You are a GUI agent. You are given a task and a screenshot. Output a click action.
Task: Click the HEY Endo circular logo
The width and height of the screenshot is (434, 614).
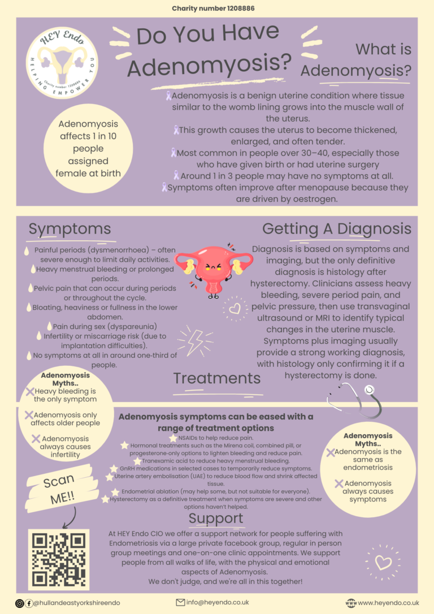click(x=62, y=63)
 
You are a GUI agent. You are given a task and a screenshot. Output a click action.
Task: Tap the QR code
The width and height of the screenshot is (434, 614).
click(x=59, y=560)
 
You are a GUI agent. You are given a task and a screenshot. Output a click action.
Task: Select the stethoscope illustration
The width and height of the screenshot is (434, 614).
click(x=354, y=399)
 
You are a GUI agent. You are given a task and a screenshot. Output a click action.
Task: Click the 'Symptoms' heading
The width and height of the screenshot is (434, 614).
click(x=70, y=228)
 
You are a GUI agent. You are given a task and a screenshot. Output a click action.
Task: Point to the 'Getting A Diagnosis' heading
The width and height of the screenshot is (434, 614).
click(x=337, y=228)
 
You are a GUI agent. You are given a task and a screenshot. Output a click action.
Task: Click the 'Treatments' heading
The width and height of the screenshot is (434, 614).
click(x=217, y=378)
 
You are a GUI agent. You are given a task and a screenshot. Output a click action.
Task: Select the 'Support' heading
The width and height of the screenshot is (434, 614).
click(x=216, y=518)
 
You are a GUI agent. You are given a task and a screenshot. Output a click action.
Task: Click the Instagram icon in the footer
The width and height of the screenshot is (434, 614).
click(x=20, y=603)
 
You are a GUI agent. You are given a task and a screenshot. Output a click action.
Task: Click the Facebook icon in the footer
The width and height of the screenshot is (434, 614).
click(x=29, y=603)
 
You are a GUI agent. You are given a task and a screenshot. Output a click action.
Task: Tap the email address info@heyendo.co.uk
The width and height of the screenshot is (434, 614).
click(x=217, y=602)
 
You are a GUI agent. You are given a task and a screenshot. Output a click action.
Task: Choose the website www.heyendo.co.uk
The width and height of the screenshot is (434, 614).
click(x=388, y=603)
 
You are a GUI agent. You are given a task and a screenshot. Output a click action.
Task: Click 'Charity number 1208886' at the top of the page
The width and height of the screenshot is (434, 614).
click(x=213, y=8)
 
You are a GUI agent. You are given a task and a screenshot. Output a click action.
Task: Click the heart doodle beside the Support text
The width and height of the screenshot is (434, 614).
click(x=383, y=563)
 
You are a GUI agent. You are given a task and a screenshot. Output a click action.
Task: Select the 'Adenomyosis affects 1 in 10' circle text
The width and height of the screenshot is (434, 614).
click(x=88, y=148)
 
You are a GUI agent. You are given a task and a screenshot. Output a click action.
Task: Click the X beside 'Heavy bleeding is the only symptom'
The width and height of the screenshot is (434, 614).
click(x=30, y=392)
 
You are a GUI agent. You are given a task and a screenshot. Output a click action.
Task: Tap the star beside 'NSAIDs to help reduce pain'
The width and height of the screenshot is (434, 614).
click(x=173, y=438)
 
